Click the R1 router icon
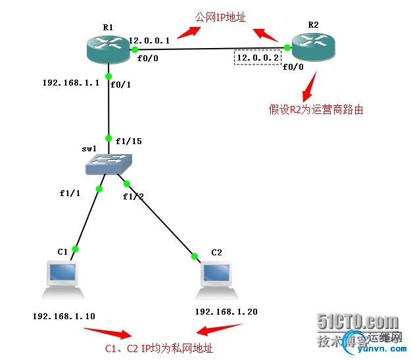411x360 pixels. (109, 47)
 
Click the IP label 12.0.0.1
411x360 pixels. (149, 40)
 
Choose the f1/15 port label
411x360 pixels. (128, 140)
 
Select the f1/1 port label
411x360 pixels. (70, 194)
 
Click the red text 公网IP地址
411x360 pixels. (220, 17)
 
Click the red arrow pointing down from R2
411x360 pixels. (308, 84)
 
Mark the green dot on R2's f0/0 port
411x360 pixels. (287, 47)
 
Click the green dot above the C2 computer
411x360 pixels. (195, 256)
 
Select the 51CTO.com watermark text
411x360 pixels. (358, 322)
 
